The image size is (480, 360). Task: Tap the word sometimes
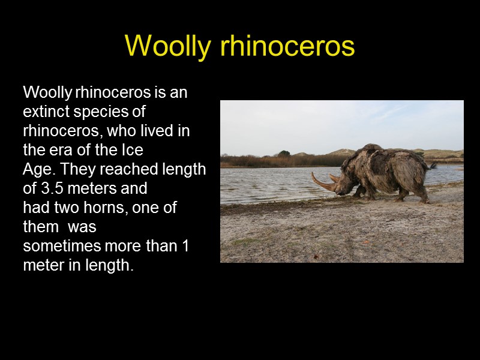(61, 246)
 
